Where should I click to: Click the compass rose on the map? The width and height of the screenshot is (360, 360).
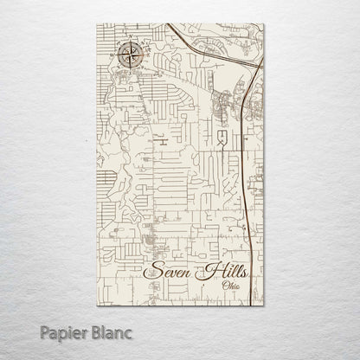pyautogui.click(x=130, y=58)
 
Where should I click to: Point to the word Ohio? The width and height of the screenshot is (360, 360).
pyautogui.click(x=232, y=286)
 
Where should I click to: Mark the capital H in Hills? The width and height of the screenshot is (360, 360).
pyautogui.click(x=204, y=269)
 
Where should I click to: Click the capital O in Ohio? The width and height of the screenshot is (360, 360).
pyautogui.click(x=224, y=286)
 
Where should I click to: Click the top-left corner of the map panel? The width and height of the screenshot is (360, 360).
pyautogui.click(x=97, y=24)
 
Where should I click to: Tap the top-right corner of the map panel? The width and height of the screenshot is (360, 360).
pyautogui.click(x=263, y=24)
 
